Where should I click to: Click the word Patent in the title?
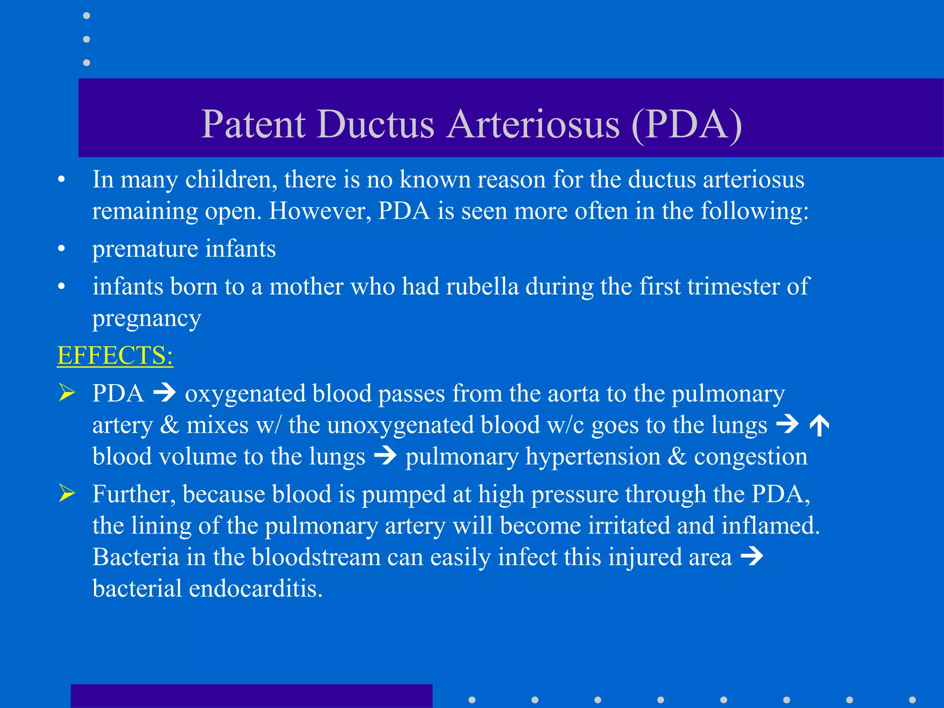[x=253, y=124]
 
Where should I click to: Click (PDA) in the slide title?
[x=686, y=124]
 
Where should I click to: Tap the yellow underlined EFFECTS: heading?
[x=115, y=355]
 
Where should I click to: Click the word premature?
[x=145, y=249]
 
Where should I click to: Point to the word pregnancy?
[x=147, y=319]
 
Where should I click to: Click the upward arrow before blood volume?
[x=819, y=425]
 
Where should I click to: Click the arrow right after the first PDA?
[x=165, y=393]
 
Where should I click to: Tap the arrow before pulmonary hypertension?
[x=385, y=456]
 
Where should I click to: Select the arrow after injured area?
[x=752, y=556]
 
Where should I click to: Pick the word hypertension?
[x=593, y=457]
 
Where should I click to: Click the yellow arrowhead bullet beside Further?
[x=67, y=494]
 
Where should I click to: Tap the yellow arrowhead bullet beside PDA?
[x=67, y=393]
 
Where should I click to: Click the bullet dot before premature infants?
[x=61, y=249]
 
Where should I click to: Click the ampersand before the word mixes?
[x=169, y=425]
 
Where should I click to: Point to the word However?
[x=320, y=211]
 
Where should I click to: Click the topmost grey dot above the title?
[x=86, y=16]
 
